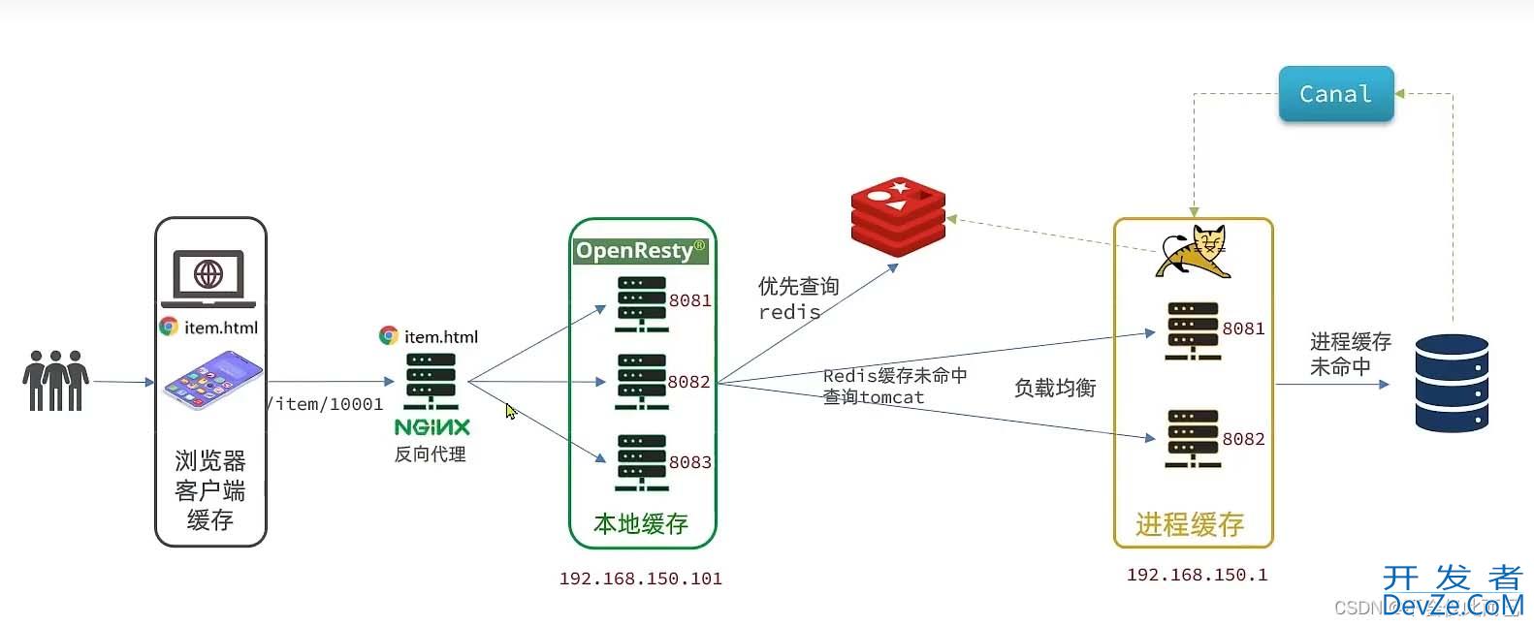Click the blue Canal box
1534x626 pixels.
point(1335,94)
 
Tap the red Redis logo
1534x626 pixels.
point(898,216)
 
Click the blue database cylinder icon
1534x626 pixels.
point(1451,383)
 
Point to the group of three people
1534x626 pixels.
point(55,381)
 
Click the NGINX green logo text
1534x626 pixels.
point(431,427)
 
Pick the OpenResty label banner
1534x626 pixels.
point(641,251)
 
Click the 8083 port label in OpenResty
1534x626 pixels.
point(689,462)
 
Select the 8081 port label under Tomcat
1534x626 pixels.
point(1243,329)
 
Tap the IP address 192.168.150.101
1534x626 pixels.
point(640,579)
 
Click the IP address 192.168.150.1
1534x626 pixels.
point(1197,575)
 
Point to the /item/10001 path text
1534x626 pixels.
point(327,404)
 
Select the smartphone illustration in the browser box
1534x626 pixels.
point(212,380)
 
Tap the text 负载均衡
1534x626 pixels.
point(1054,389)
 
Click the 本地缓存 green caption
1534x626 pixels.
point(641,524)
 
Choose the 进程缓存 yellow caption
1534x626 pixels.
point(1190,525)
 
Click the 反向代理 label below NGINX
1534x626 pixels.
point(430,454)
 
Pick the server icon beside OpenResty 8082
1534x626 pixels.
point(641,382)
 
